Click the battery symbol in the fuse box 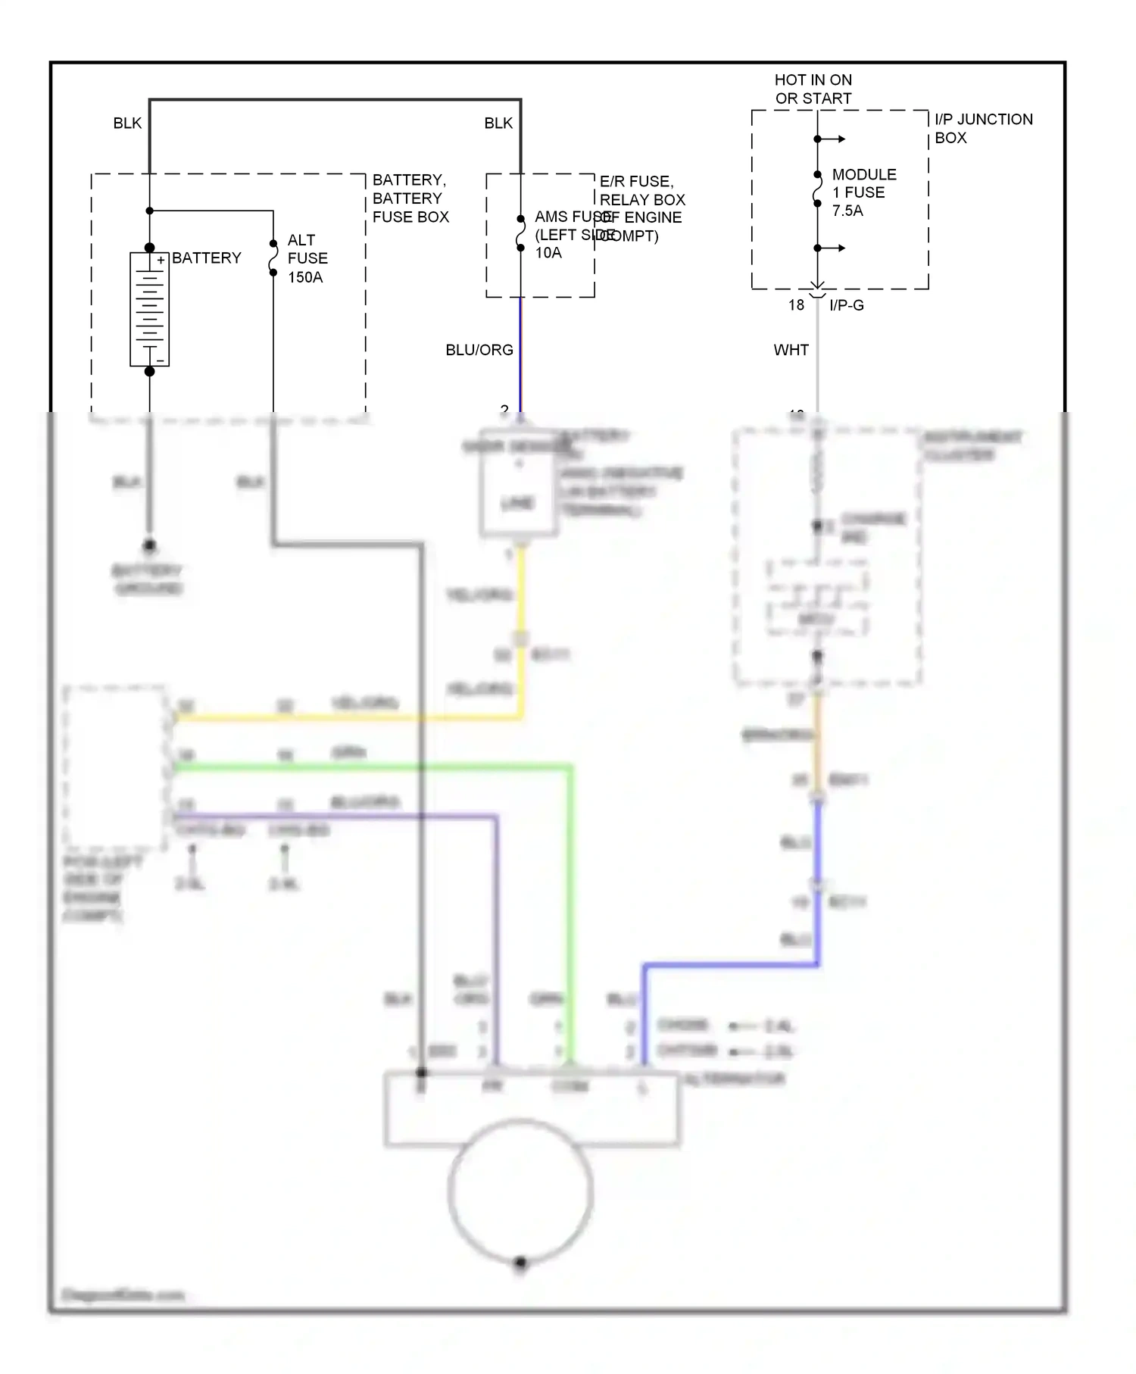[x=149, y=309]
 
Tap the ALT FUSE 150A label [x=307, y=258]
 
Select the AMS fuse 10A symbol [x=520, y=233]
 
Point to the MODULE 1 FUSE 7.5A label [x=863, y=192]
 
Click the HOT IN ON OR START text [x=813, y=89]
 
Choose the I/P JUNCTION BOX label [x=983, y=128]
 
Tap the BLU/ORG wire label [x=479, y=350]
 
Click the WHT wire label [x=791, y=350]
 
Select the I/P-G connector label [x=846, y=305]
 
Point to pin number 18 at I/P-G [x=796, y=305]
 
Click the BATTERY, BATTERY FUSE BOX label [x=410, y=198]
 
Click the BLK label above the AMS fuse [x=498, y=123]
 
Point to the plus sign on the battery [x=161, y=261]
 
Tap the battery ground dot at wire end [x=149, y=545]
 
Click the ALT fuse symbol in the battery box [x=273, y=258]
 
